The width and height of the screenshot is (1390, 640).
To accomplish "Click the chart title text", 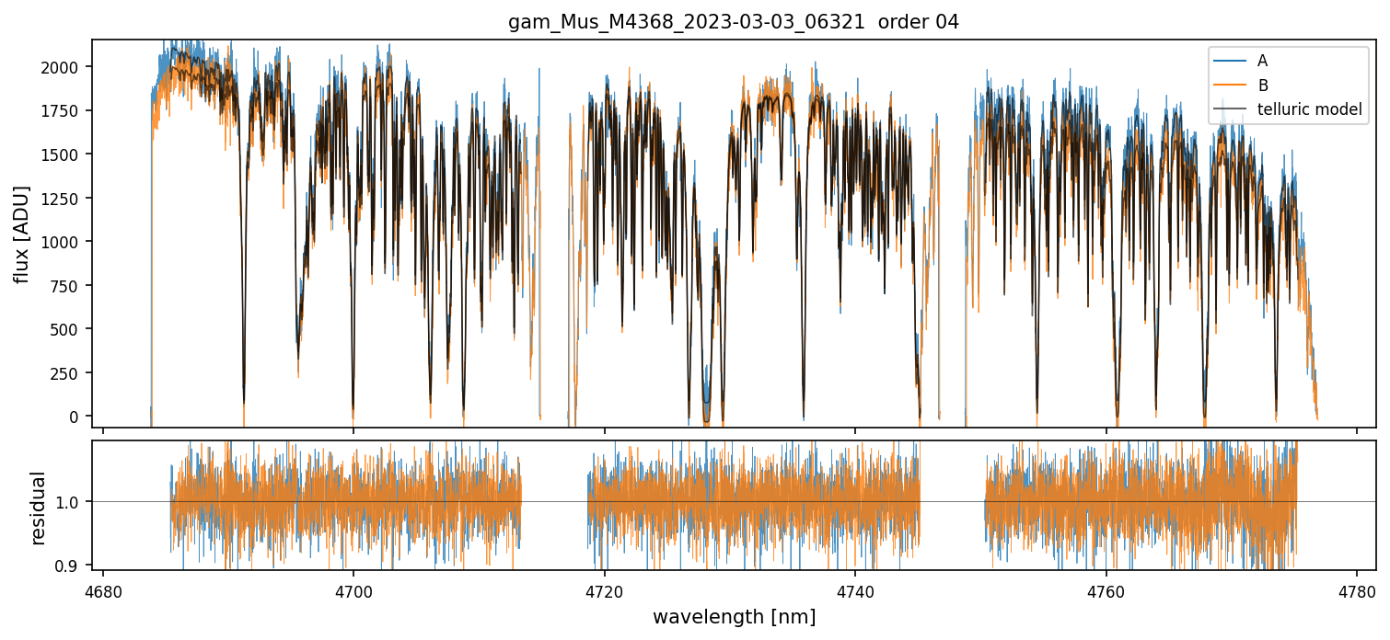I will [734, 22].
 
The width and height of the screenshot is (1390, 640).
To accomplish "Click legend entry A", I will [1262, 61].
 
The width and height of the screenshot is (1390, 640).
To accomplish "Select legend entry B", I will [1262, 86].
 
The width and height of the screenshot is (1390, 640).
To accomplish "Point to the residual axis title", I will [39, 508].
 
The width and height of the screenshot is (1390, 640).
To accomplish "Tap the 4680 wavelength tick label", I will [102, 589].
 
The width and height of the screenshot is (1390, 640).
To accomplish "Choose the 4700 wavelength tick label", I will [353, 589].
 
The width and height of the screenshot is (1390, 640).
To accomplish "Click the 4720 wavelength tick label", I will [604, 589].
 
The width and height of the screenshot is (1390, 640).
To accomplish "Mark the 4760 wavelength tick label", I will [1106, 589].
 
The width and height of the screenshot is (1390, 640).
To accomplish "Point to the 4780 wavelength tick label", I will [1357, 589].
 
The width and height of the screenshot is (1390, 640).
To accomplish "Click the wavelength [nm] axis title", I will [734, 617].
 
